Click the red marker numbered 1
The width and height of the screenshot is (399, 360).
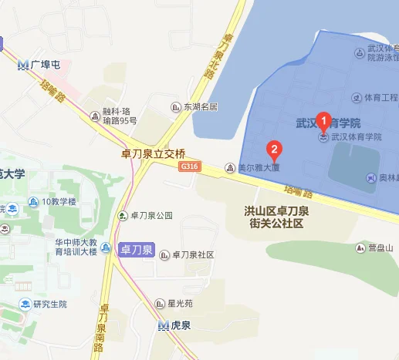(324, 121)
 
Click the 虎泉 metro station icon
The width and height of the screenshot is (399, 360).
(163, 325)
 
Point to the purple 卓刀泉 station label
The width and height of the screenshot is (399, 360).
(136, 250)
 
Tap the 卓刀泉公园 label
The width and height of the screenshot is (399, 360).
(150, 216)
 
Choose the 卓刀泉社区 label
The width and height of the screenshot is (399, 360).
(191, 254)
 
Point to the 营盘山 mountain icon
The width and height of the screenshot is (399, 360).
(360, 247)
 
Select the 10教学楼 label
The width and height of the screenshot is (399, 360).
(59, 202)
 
